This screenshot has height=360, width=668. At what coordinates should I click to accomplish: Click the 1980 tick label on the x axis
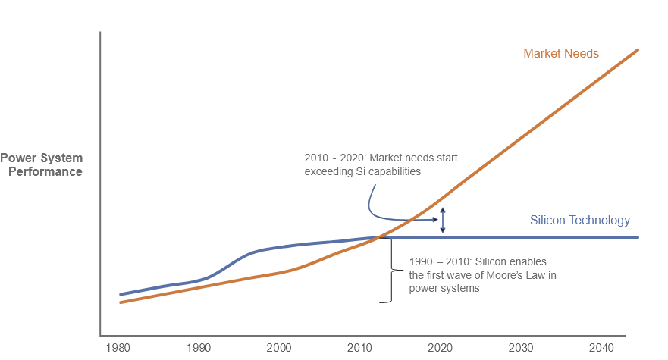118,347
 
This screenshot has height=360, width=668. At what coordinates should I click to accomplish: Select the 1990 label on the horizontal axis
198,347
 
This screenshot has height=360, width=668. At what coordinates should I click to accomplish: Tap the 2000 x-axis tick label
278,347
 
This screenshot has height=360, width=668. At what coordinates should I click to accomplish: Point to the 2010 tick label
359,347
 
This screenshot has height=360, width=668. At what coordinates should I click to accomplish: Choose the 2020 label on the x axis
440,347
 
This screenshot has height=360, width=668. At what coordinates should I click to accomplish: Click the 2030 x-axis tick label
520,347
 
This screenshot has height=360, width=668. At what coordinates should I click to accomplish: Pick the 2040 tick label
601,347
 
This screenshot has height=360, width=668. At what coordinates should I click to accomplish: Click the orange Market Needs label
561,54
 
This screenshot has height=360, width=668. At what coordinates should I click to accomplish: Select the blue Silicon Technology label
579,221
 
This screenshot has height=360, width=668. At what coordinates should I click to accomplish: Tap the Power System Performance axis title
42,164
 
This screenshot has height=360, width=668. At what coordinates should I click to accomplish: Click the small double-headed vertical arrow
444,220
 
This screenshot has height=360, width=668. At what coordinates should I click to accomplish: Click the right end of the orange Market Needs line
638,50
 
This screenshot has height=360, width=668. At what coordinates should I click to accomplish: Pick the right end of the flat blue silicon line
638,237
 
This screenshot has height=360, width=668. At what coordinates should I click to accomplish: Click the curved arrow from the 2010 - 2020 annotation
379,208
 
